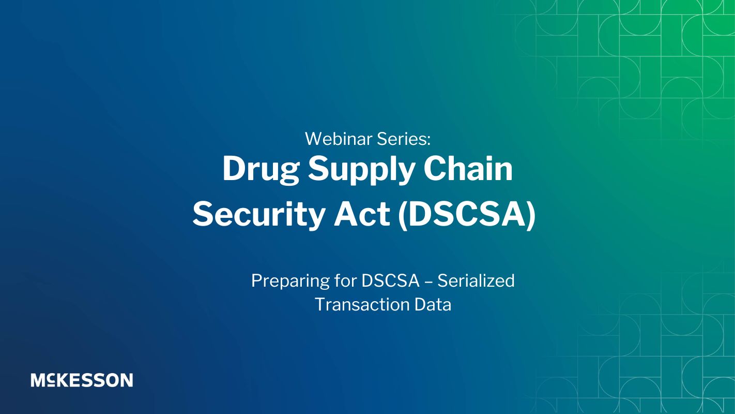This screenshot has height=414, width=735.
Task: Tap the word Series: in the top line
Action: coord(404,139)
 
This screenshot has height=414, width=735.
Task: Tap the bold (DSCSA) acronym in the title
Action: coord(467,215)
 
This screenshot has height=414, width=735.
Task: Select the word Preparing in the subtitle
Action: coord(290,282)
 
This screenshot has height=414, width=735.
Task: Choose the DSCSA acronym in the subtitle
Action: coord(390,280)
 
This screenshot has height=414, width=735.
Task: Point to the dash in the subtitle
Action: coord(428,282)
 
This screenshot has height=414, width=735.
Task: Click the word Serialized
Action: coord(476,280)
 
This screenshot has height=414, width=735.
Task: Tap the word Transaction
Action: coord(362,305)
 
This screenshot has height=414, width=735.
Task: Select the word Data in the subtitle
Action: coord(433,305)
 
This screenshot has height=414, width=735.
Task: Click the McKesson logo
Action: coord(82,380)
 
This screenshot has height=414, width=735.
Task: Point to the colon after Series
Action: coord(429,141)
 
